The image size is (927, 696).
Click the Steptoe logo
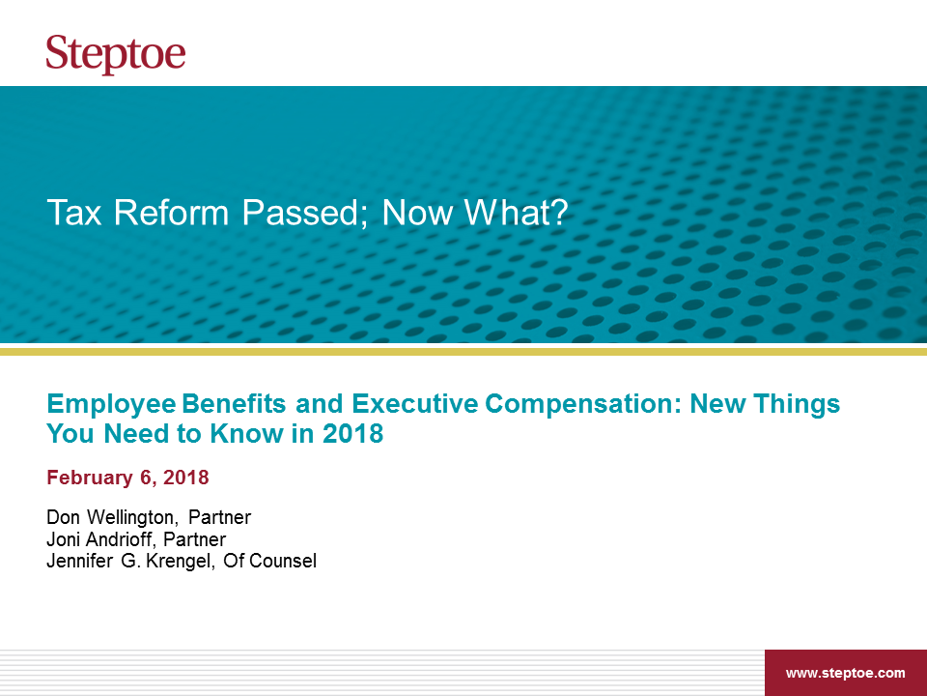point(116,54)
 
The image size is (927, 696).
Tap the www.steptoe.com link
point(846,673)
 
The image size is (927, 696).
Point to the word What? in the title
point(516,213)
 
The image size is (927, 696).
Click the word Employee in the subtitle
point(111,405)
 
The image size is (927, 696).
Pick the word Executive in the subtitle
point(415,404)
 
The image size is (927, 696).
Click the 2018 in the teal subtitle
point(353,434)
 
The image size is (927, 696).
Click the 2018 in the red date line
point(186,477)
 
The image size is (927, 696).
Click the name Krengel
point(180,562)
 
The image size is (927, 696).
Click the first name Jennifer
point(80,561)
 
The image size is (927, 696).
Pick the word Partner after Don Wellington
point(220,517)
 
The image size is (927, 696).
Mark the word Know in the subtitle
point(247,434)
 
